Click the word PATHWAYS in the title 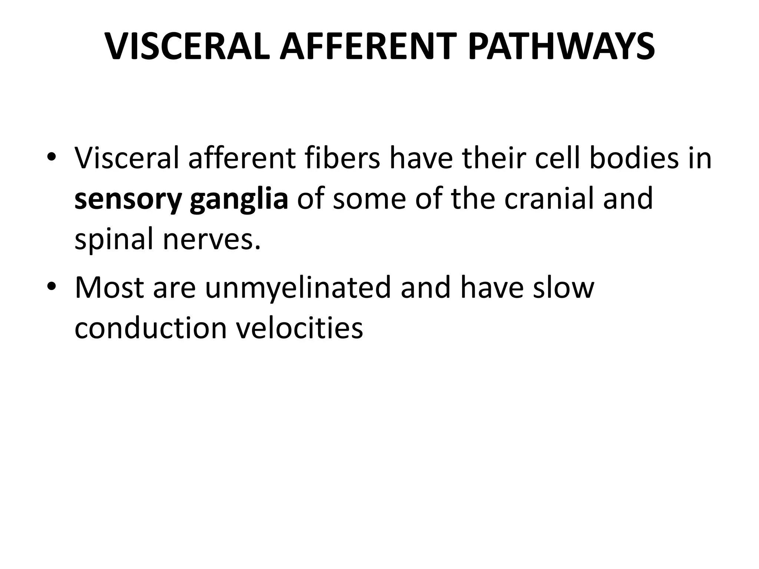[561, 47]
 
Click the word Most [109, 288]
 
